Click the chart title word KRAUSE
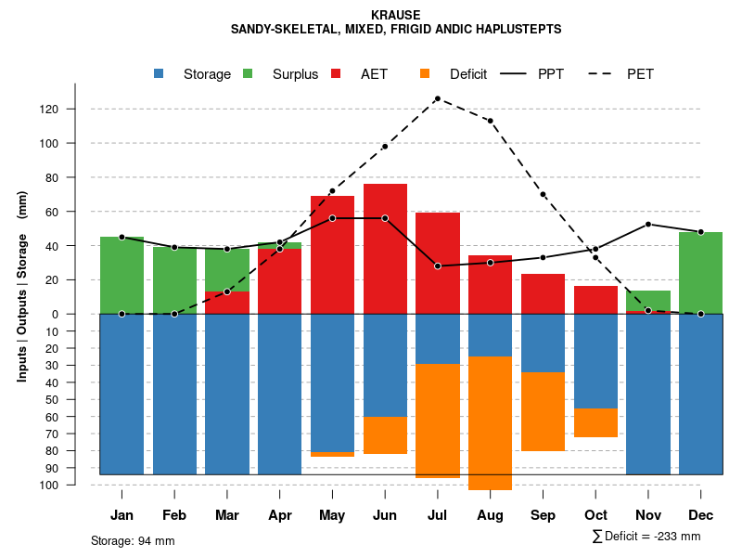pyautogui.click(x=395, y=15)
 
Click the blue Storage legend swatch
pyautogui.click(x=160, y=74)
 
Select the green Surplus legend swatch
pyautogui.click(x=248, y=74)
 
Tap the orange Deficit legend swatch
pyautogui.click(x=425, y=74)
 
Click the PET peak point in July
pyautogui.click(x=437, y=98)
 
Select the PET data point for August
pyautogui.click(x=490, y=121)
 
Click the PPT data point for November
pyautogui.click(x=648, y=224)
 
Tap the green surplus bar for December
pyautogui.click(x=700, y=273)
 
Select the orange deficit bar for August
pyautogui.click(x=490, y=422)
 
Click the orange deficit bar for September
pyautogui.click(x=543, y=411)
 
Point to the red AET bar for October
pyautogui.click(x=595, y=300)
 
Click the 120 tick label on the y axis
pyautogui.click(x=48, y=110)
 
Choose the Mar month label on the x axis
pyautogui.click(x=227, y=515)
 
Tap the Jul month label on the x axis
pyautogui.click(x=437, y=515)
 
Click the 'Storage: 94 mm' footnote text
pyautogui.click(x=133, y=540)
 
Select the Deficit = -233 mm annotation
pyautogui.click(x=646, y=537)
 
